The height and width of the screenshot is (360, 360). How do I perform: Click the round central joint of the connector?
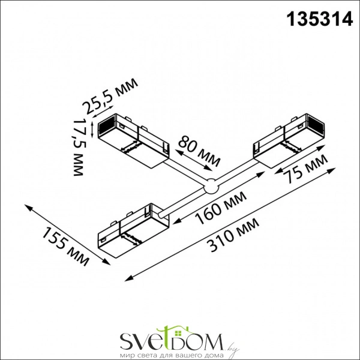tap(211, 188)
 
